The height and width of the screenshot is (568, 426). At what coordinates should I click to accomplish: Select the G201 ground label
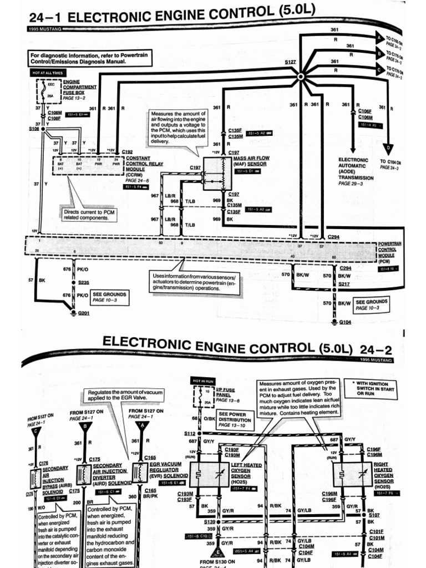click(x=83, y=314)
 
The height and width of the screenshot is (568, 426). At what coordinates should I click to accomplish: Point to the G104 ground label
click(x=345, y=322)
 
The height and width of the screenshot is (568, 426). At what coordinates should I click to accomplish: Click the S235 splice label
click(x=84, y=282)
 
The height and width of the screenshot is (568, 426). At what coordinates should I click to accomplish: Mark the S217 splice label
click(x=345, y=284)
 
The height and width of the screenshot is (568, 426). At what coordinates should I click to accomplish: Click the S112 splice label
click(x=190, y=433)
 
